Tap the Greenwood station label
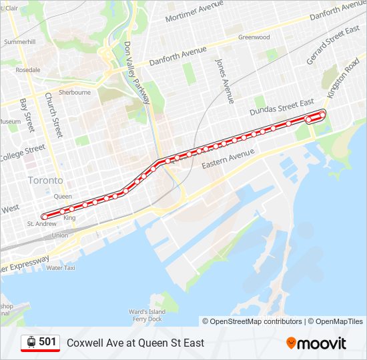tap(254, 37)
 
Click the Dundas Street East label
tap(280, 106)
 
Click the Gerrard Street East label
tap(330, 47)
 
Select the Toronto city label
tap(45, 181)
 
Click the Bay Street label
tap(27, 114)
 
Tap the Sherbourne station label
tap(74, 93)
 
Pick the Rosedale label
tap(28, 69)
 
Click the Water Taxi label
tap(61, 267)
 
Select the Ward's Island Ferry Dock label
tap(147, 315)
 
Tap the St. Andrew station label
tap(41, 224)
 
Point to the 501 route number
tap(47, 342)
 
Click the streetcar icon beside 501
tap(31, 342)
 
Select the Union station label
tap(60, 235)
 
